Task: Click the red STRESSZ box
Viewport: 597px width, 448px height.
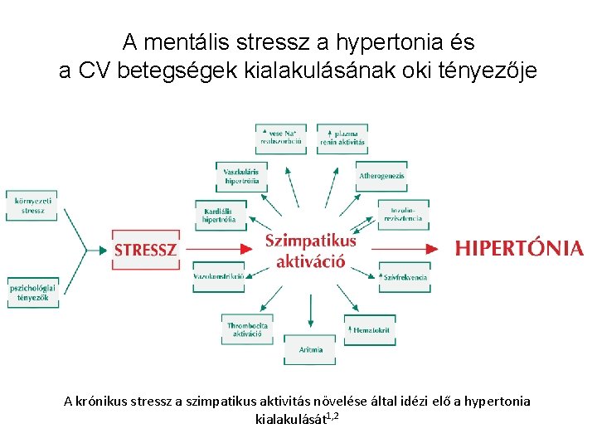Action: click(146, 249)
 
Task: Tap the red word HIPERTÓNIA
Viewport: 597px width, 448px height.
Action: click(519, 248)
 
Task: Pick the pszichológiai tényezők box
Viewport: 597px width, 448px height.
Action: click(34, 293)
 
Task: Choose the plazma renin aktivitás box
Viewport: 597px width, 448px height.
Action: click(342, 138)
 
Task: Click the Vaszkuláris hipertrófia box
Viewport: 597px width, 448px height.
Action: click(241, 176)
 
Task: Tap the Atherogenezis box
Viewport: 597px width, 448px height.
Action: click(381, 176)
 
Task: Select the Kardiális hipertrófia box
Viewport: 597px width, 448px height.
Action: click(220, 216)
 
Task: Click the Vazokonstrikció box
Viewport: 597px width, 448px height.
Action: click(219, 276)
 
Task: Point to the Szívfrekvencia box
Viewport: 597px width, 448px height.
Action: click(404, 277)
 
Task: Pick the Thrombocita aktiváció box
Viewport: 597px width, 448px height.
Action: click(247, 330)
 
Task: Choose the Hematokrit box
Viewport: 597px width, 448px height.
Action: click(371, 330)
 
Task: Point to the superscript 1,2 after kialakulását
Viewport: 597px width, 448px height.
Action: click(331, 414)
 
